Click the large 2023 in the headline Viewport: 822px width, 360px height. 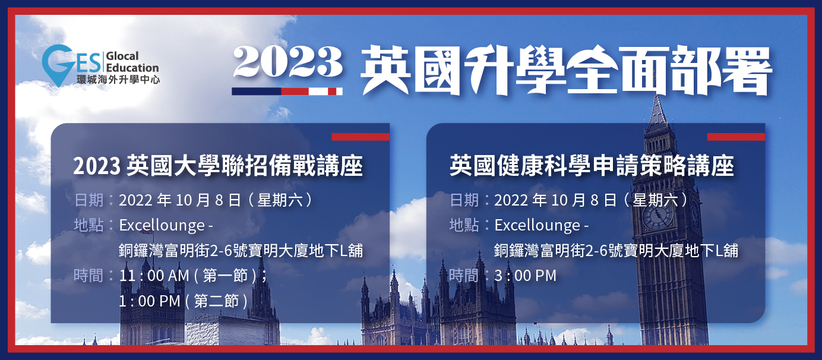(x=288, y=62)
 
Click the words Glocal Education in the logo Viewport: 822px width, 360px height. (x=132, y=62)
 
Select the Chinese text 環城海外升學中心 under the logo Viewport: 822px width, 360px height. (x=118, y=79)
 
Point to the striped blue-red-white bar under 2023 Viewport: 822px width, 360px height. (x=287, y=91)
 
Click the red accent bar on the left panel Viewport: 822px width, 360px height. (x=361, y=137)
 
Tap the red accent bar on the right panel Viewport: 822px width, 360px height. (x=736, y=137)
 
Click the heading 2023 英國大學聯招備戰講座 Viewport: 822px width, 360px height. (x=218, y=166)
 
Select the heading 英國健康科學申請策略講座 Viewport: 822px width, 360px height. (x=592, y=166)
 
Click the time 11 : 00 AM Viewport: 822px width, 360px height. (x=154, y=276)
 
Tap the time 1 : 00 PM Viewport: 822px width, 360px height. (x=150, y=301)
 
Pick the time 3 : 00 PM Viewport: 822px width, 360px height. (x=526, y=276)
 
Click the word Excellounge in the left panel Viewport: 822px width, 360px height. (x=162, y=225)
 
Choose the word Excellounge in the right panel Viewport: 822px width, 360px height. (x=538, y=225)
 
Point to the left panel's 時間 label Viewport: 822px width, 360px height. (x=88, y=276)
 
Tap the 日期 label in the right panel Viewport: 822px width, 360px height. (x=464, y=200)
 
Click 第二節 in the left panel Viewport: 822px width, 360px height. (x=216, y=301)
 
